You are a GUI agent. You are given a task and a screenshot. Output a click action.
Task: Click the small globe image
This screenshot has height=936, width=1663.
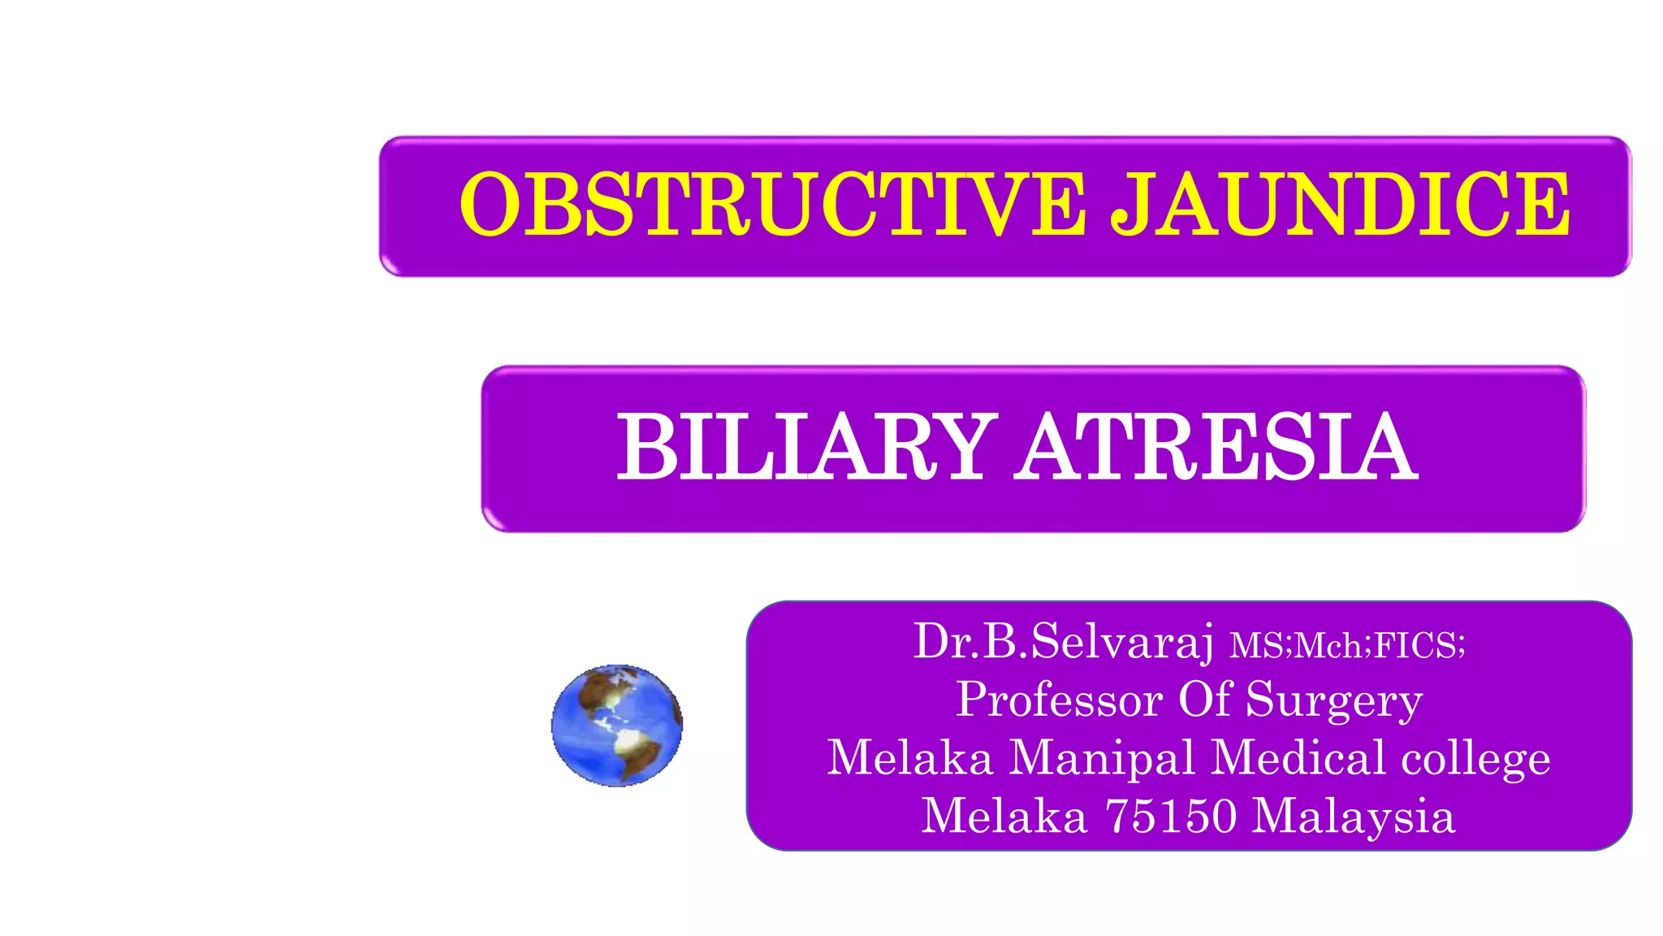tap(617, 725)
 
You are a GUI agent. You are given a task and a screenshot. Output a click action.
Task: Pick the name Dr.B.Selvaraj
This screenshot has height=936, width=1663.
tap(1064, 641)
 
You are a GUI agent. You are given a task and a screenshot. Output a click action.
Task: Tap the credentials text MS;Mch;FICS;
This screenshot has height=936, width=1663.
tap(1348, 646)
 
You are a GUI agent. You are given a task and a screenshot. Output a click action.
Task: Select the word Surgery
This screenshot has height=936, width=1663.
tap(1334, 700)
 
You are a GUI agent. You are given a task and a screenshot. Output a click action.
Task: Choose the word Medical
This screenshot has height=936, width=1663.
tap(1298, 757)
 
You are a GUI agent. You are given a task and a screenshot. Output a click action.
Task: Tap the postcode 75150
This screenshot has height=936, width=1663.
tap(1171, 816)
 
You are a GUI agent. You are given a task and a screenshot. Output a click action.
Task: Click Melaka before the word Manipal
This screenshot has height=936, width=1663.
tap(910, 757)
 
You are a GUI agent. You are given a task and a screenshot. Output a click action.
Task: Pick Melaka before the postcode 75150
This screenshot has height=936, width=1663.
tap(1004, 816)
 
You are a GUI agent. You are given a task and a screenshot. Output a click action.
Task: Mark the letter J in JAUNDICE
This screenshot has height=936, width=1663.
tap(1131, 206)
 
